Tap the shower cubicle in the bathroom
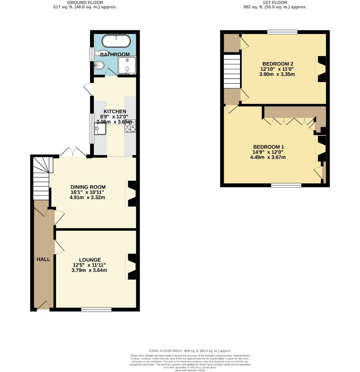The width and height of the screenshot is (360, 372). [x=127, y=65]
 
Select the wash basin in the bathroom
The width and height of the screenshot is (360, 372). [x=100, y=64]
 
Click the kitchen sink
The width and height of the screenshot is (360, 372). [x=100, y=129]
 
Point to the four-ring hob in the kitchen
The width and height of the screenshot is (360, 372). [x=130, y=126]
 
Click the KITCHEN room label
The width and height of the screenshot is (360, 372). [x=115, y=111]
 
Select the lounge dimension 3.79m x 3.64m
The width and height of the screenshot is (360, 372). [x=89, y=270]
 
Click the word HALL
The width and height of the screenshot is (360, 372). [x=43, y=259]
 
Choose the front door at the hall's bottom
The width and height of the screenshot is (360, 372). [x=43, y=306]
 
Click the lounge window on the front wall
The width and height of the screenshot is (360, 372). [x=97, y=310]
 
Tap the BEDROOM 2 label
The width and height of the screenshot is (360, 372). [x=278, y=64]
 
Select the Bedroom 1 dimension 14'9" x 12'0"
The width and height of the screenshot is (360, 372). [x=268, y=152]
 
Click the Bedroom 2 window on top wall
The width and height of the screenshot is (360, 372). [x=282, y=32]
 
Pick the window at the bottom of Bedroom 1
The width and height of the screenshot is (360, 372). [x=286, y=185]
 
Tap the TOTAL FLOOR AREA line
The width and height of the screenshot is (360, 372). [x=190, y=351]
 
